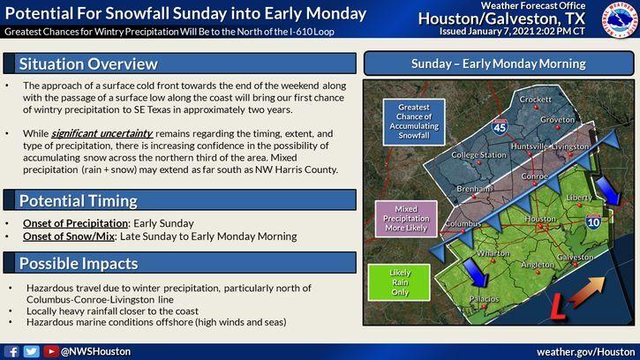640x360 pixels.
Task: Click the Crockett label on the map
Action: [535, 99]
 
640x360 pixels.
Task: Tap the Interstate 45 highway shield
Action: [500, 127]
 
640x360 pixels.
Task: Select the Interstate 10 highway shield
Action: [593, 221]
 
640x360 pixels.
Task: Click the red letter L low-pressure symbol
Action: [558, 305]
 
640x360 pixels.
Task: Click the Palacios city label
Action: [484, 299]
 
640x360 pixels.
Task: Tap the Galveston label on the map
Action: [575, 257]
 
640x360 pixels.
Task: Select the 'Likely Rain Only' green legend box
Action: [399, 282]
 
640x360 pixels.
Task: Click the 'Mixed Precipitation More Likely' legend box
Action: [406, 219]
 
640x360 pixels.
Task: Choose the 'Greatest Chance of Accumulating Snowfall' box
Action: [414, 122]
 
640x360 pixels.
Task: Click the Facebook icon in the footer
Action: [11, 351]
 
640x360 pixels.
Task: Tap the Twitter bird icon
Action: [32, 351]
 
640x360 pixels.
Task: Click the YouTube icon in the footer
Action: [51, 351]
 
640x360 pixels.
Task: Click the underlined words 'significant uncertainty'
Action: [102, 133]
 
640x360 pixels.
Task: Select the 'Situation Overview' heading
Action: [88, 64]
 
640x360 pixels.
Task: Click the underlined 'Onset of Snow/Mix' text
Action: [69, 236]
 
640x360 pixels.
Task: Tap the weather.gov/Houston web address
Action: [586, 352]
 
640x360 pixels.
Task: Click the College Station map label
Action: [478, 155]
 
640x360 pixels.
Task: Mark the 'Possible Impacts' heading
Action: [79, 264]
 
